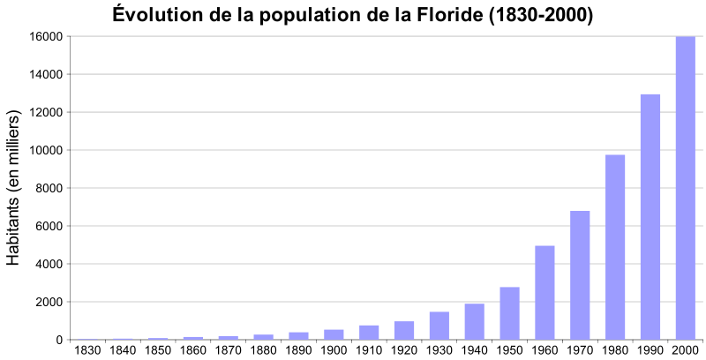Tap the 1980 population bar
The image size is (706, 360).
pyautogui.click(x=615, y=247)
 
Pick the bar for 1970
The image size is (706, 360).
pyautogui.click(x=580, y=275)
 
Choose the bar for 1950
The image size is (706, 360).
pyautogui.click(x=509, y=313)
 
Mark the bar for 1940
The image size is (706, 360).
pyautogui.click(x=474, y=322)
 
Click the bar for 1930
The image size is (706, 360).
pyautogui.click(x=439, y=326)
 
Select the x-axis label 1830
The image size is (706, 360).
pyautogui.click(x=87, y=350)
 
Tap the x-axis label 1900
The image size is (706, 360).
pyautogui.click(x=334, y=350)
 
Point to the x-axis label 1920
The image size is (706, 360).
pyautogui.click(x=404, y=350)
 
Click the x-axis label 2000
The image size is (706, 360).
pyautogui.click(x=685, y=350)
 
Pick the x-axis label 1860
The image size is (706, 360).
pyautogui.click(x=193, y=350)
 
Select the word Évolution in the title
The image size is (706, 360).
pyautogui.click(x=154, y=15)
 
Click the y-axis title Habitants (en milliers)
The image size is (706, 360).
pyautogui.click(x=13, y=188)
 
